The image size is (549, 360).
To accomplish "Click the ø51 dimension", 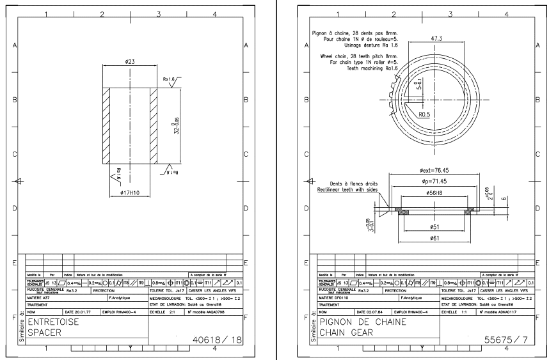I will pos(436,226).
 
